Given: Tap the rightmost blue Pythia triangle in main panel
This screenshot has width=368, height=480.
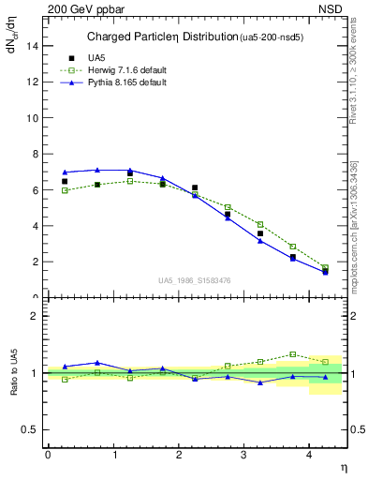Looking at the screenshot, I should pos(325,272).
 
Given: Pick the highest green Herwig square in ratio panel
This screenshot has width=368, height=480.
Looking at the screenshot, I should pos(293,354).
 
